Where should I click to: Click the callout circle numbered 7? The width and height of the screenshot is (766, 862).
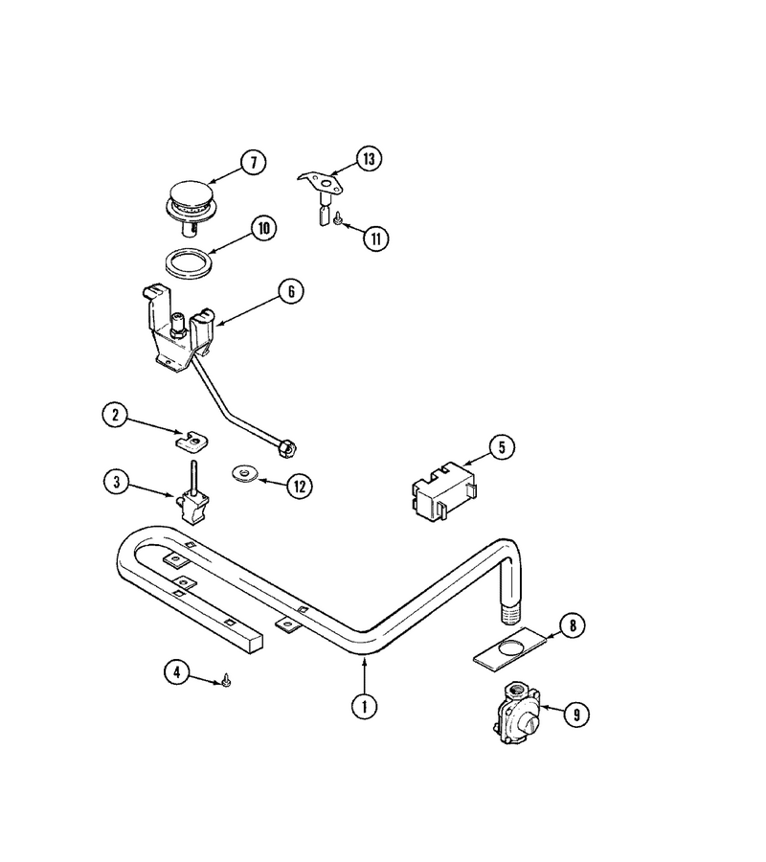[x=254, y=162]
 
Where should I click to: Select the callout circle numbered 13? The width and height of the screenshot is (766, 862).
[x=369, y=158]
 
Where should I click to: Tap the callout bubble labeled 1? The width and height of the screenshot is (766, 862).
[x=364, y=706]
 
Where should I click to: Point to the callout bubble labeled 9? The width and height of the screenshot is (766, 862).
[x=576, y=715]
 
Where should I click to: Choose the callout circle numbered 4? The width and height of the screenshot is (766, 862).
[x=177, y=672]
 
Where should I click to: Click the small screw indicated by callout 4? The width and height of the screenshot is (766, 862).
[x=226, y=681]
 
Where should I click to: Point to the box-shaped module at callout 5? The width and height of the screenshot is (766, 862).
[x=445, y=490]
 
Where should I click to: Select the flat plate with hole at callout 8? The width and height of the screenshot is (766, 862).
[x=510, y=648]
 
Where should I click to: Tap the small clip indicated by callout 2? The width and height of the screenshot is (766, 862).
[x=192, y=440]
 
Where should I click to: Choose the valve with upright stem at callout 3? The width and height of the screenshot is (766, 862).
[x=192, y=495]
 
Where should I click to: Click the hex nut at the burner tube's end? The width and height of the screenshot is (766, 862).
[x=288, y=448]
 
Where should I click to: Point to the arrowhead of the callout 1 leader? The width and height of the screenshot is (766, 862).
[x=364, y=660]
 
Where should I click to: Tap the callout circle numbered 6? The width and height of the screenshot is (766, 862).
[x=291, y=291]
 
